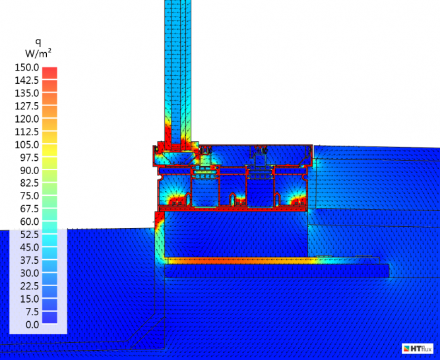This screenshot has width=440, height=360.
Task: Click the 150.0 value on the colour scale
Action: point(26,67)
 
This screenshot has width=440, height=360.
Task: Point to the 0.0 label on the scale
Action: point(32,324)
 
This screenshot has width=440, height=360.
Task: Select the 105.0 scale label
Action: point(26,144)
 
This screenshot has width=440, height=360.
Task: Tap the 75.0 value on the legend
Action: point(30,196)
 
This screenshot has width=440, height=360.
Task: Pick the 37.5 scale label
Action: point(30,260)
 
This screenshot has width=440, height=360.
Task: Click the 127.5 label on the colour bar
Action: point(26,106)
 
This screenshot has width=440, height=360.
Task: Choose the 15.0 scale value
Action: point(30,299)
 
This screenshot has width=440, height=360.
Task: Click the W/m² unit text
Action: point(38,53)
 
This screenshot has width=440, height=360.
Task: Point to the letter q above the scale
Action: point(38,42)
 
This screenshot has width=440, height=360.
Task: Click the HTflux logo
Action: point(418,348)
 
